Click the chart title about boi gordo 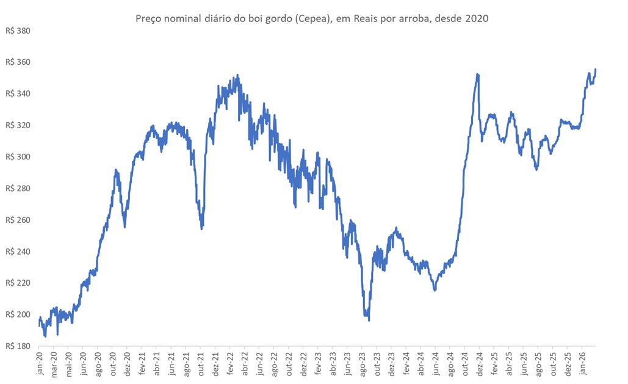(x=312, y=19)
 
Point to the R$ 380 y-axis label (x=18, y=31)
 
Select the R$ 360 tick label (x=18, y=62)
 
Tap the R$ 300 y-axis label (x=18, y=157)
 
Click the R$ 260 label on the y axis (x=18, y=220)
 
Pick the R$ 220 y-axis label (x=18, y=283)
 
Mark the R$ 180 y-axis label (x=18, y=346)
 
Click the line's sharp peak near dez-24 (x=477, y=74)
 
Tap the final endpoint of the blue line (x=595, y=70)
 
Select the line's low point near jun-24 (x=435, y=290)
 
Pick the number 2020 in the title (x=476, y=19)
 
